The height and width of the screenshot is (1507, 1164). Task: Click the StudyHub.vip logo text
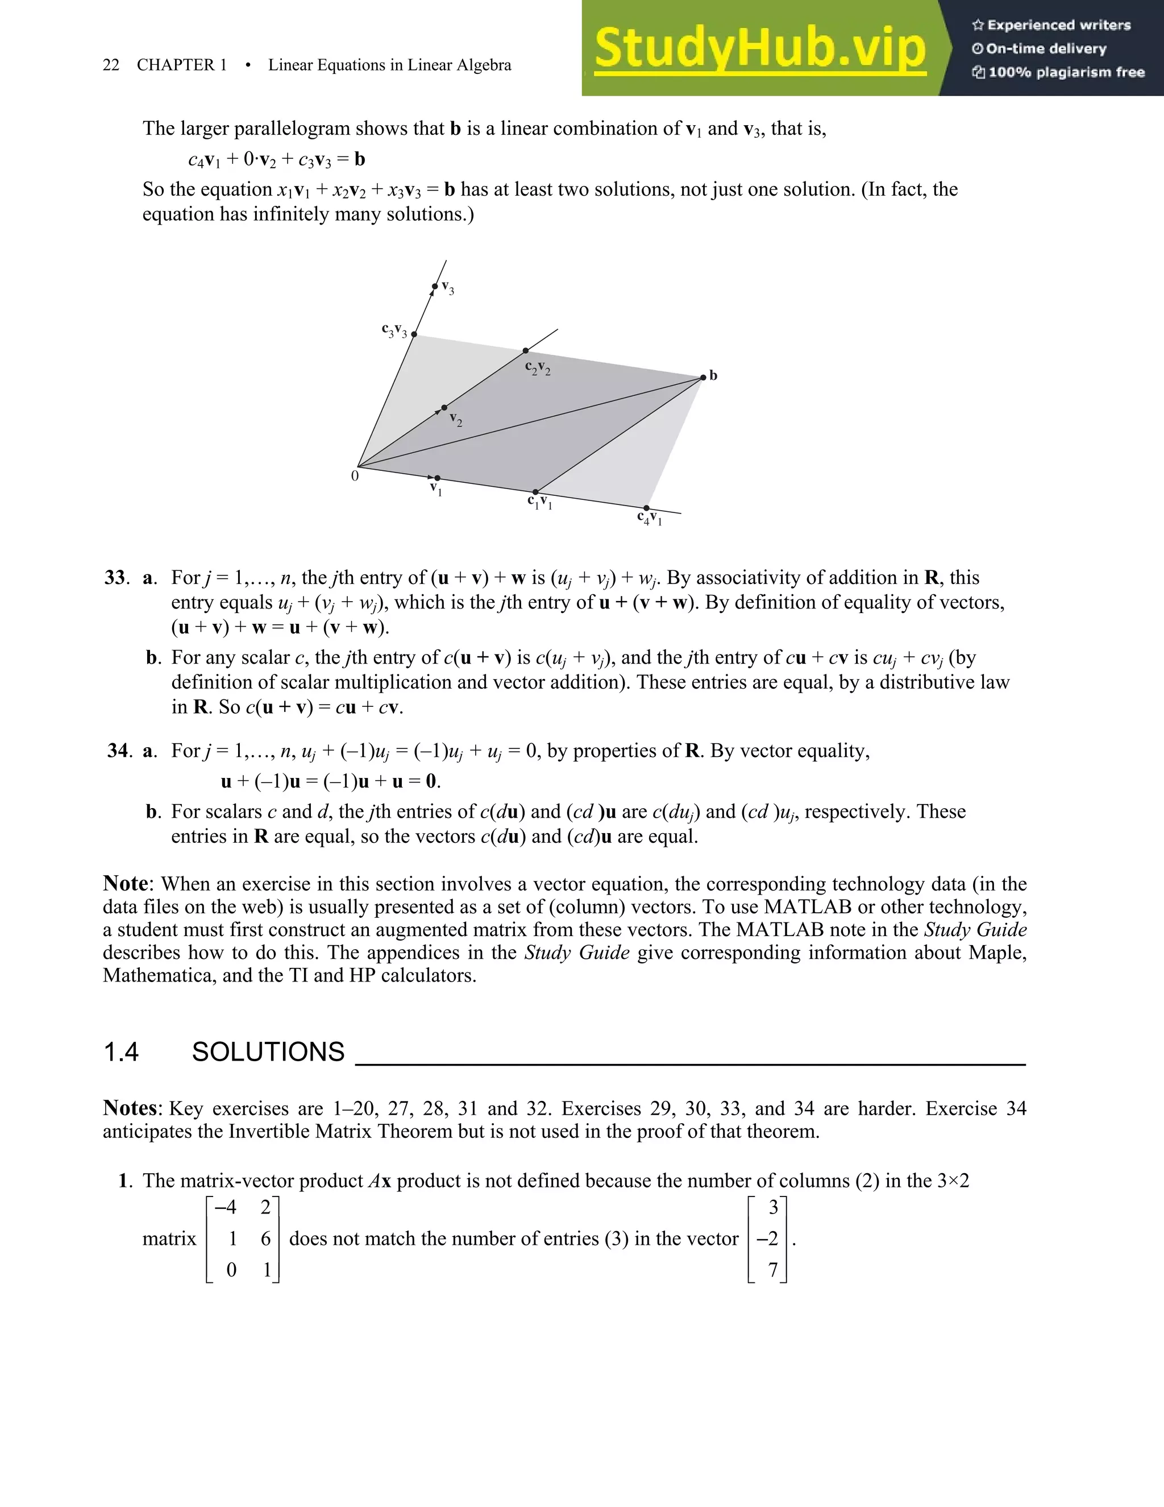(760, 48)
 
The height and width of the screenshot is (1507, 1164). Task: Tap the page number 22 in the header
(110, 65)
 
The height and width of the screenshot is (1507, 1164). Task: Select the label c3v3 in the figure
(394, 330)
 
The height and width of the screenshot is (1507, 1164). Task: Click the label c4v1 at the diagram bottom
(649, 517)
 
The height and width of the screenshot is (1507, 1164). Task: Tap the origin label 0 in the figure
(355, 475)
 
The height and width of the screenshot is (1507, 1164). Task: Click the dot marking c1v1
(536, 492)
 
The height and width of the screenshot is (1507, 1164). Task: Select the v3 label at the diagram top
(447, 287)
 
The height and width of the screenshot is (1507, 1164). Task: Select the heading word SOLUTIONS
(268, 1052)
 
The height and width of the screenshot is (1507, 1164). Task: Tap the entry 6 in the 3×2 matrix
(265, 1239)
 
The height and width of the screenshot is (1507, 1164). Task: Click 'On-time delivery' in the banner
(1045, 48)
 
